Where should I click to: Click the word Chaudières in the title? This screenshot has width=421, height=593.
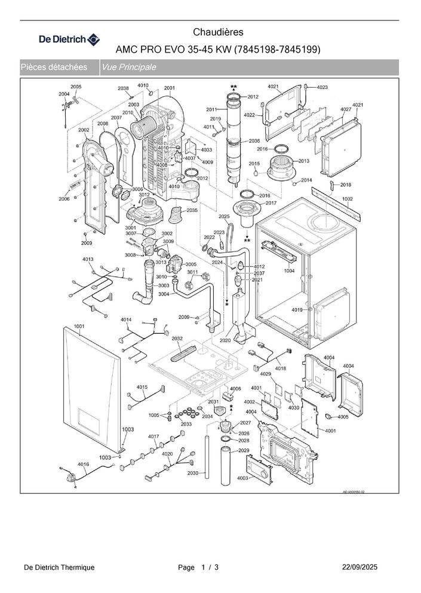pos(219,32)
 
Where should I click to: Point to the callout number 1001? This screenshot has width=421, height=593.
pos(79,326)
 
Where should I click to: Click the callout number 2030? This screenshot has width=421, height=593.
pos(193,473)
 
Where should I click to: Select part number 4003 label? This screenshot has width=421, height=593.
pos(242,478)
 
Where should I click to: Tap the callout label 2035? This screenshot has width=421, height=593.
pos(192,211)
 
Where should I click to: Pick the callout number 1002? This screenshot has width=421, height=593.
pos(348,199)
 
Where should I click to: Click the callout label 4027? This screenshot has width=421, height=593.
pos(346,110)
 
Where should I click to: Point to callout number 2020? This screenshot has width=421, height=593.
pos(225,340)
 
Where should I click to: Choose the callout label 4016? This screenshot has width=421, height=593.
pos(83,464)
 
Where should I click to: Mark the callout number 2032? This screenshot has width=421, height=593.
pos(177,339)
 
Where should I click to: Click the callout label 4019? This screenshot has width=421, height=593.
pos(297,309)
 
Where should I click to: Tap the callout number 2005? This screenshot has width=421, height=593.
pos(76,87)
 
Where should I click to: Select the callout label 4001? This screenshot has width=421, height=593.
pos(330,431)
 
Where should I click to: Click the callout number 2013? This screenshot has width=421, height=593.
pos(303,161)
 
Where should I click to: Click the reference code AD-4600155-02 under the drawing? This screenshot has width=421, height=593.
pos(354,492)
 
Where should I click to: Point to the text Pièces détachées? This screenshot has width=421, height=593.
pos(54,67)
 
